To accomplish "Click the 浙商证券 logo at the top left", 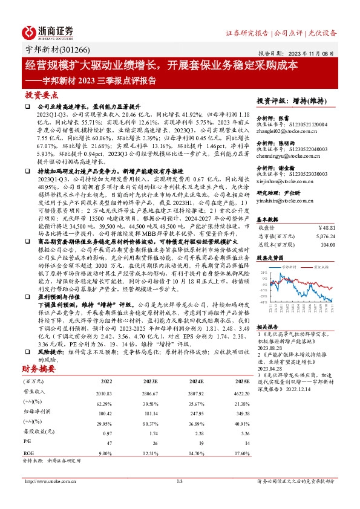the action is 48,31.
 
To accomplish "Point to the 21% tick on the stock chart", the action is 263,273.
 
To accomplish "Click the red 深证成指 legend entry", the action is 320,265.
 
